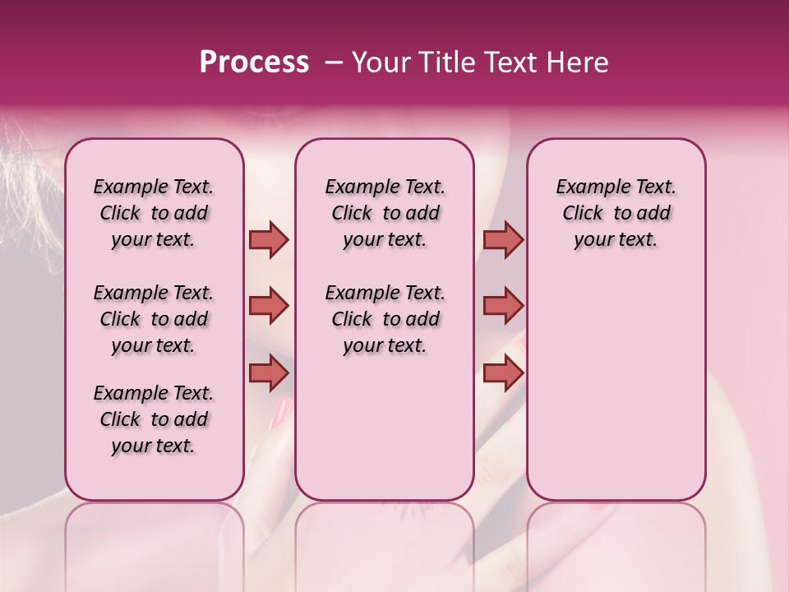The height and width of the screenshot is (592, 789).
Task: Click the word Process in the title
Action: click(x=254, y=62)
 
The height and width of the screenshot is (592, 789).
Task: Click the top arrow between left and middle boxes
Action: click(x=269, y=240)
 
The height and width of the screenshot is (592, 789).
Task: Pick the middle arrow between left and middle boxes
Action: click(x=269, y=307)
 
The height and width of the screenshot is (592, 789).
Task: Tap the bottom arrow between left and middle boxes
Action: click(x=269, y=372)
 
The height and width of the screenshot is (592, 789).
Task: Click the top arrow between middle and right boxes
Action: click(x=503, y=240)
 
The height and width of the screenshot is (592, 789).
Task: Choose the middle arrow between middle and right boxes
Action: click(x=503, y=307)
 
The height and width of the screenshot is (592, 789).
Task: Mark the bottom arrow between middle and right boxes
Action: click(x=503, y=372)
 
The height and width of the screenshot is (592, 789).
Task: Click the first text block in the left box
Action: click(x=154, y=213)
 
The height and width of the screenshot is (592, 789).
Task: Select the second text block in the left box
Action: click(x=154, y=319)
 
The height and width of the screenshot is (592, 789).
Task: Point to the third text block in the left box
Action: click(x=154, y=419)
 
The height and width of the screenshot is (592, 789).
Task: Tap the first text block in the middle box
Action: click(x=385, y=213)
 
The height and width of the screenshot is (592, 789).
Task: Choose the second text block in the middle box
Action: click(x=385, y=319)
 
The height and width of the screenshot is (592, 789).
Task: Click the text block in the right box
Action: click(x=616, y=213)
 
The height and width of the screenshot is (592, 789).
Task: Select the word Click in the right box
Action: click(x=583, y=214)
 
